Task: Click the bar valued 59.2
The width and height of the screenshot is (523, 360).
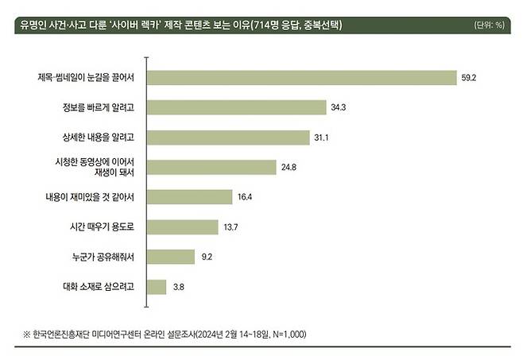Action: (302, 77)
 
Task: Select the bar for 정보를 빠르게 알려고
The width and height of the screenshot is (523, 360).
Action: (238, 106)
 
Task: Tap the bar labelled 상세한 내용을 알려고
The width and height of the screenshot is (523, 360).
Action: (229, 137)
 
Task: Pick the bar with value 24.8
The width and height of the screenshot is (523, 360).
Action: (213, 167)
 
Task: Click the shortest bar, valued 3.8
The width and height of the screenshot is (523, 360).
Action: (157, 286)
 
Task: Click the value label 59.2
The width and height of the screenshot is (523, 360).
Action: (467, 77)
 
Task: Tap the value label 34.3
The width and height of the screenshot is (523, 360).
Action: (339, 106)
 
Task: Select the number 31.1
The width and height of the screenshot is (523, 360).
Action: (321, 137)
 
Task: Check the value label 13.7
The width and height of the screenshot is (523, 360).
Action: (231, 226)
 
